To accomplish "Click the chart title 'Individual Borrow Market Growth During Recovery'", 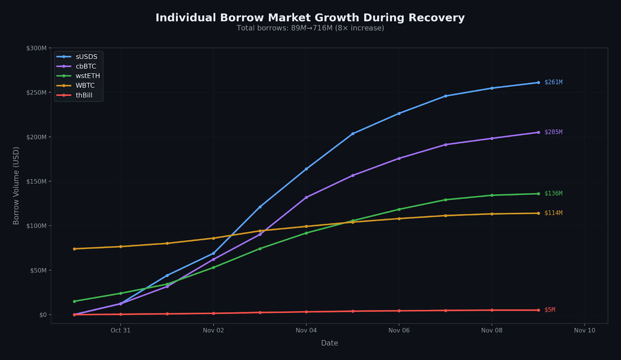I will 310,18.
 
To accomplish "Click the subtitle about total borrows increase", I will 310,28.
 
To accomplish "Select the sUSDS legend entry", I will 86,57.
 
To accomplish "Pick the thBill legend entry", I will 84,95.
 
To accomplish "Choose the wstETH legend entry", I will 88,76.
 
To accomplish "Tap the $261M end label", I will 553,82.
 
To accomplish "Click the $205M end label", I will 553,132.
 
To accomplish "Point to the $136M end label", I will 553,193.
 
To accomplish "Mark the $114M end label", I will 553,213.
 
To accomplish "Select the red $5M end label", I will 550,310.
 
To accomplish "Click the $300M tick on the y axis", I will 36,48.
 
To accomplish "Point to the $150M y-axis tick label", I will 36,181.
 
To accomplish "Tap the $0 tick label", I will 42,315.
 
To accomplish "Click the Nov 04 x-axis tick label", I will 306,330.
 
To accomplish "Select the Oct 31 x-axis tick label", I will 120,330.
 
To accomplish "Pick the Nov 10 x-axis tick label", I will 585,330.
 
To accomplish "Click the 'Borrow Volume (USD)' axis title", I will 16,185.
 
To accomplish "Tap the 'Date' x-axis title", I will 329,343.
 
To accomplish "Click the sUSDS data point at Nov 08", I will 492,88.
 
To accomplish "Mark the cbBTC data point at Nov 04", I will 306,197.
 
